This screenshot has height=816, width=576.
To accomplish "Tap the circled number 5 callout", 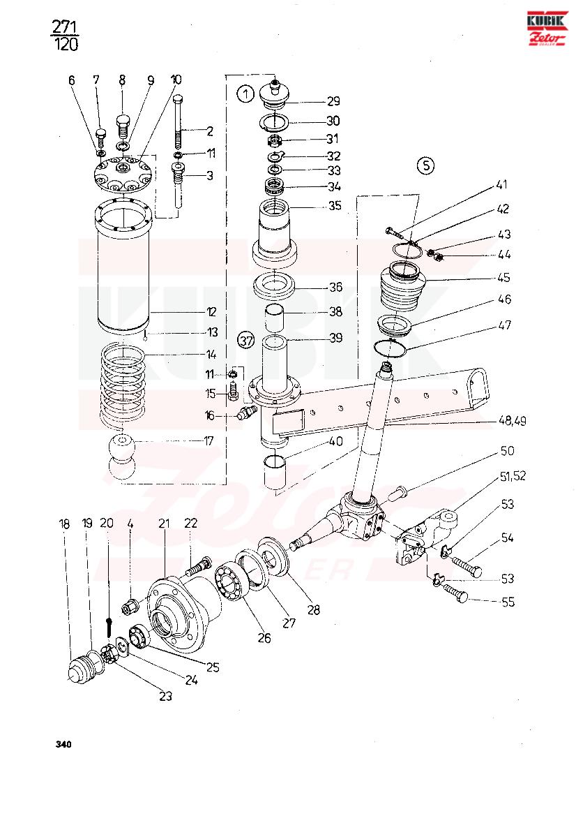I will (426, 165).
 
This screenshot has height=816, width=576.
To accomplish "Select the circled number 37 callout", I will (245, 341).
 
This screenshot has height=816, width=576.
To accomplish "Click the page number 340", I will (63, 744).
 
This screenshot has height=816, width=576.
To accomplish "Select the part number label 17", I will (209, 440).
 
